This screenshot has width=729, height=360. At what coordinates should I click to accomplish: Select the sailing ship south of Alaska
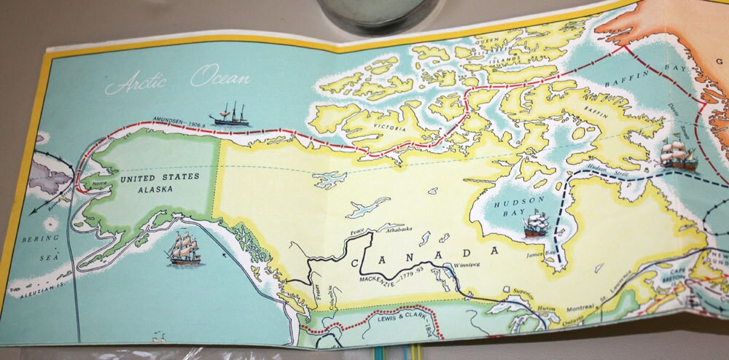click(184, 249)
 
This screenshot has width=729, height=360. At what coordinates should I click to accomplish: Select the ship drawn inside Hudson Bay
click(536, 224)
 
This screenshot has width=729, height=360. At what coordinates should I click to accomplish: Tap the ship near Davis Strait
click(679, 155)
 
